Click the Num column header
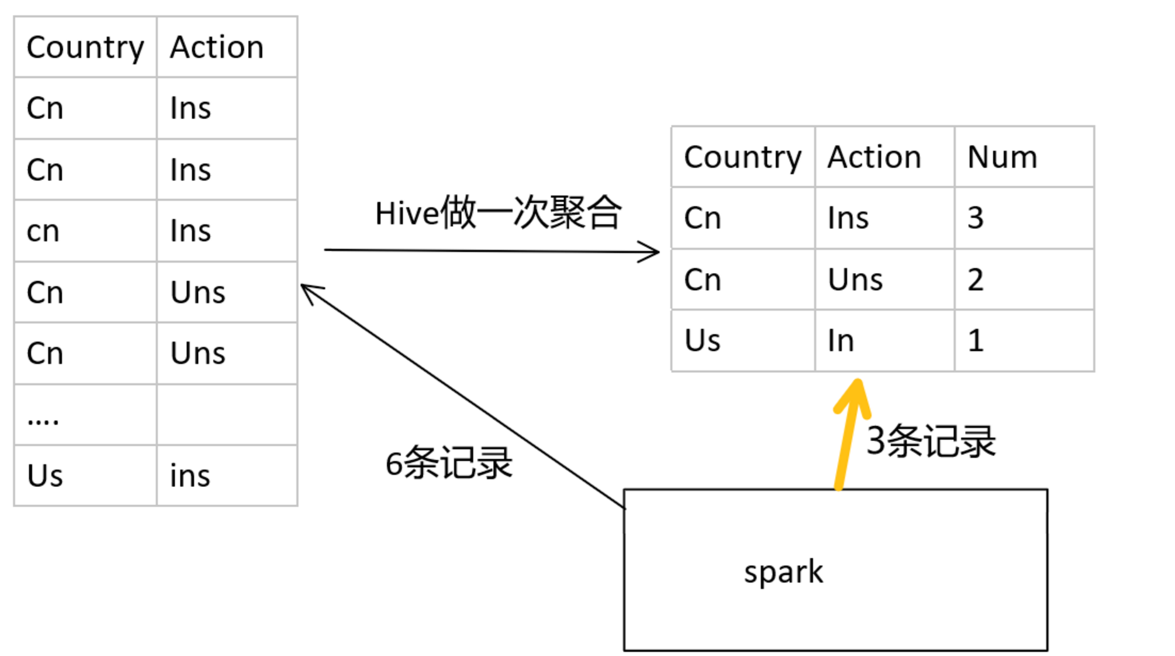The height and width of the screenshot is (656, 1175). point(1002,157)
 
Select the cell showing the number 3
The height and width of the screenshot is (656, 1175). point(976,218)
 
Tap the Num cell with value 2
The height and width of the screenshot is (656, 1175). point(975,279)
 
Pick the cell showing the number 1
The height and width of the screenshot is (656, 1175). point(975,341)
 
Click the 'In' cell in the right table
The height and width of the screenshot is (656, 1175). point(840,341)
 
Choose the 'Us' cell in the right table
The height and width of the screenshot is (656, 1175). point(702,341)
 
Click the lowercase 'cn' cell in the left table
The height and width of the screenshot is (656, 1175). point(43,231)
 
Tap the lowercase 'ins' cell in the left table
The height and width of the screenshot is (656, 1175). point(190,476)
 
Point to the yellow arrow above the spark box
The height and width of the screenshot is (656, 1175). point(849,432)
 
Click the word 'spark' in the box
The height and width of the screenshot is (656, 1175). point(783,572)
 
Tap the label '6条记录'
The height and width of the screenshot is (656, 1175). point(449,464)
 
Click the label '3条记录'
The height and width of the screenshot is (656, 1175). point(931,441)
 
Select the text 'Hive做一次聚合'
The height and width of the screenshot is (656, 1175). point(498,213)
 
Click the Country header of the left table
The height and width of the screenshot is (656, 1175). point(85,48)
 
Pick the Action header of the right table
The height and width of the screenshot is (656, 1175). point(874,157)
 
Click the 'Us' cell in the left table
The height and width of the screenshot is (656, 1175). point(44,476)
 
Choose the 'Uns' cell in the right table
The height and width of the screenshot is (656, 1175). point(855,279)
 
